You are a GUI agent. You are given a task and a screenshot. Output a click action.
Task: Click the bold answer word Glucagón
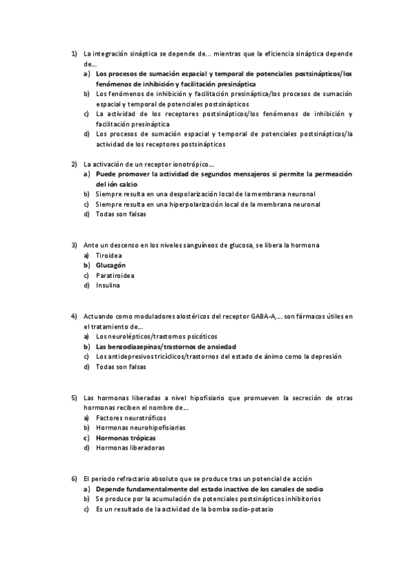[x=110, y=265]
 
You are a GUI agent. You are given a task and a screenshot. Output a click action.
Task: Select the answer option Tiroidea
[x=108, y=255]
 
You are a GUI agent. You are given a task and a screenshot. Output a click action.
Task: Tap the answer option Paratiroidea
[x=115, y=275]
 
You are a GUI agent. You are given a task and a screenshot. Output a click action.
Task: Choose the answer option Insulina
[x=108, y=286]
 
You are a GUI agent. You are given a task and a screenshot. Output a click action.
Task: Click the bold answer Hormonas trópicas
[x=126, y=438]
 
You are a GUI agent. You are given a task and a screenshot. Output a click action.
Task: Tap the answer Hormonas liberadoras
[x=130, y=448]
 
